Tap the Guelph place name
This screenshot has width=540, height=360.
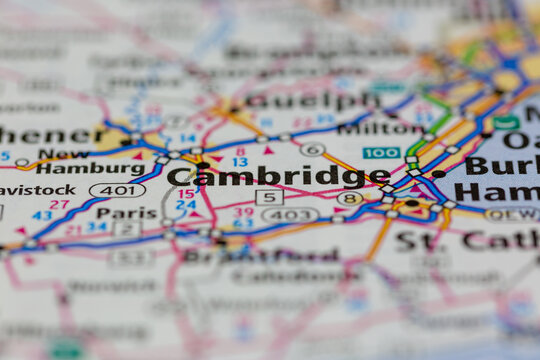(313, 101)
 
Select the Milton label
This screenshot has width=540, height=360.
(379, 129)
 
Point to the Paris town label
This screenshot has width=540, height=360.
(126, 213)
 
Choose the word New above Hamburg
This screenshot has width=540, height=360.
(64, 154)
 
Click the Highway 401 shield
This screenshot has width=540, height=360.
(117, 190)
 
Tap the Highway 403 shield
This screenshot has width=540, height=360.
(290, 214)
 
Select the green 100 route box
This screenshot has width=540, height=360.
(381, 153)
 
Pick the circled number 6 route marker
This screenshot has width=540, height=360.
(312, 149)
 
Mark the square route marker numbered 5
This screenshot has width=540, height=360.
(269, 197)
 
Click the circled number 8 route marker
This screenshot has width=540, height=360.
(349, 198)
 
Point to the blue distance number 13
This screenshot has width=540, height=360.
(240, 162)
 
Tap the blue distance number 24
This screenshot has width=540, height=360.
(186, 206)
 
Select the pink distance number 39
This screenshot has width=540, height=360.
(244, 212)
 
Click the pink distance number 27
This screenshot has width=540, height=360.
(59, 205)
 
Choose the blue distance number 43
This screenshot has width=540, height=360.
(42, 215)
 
